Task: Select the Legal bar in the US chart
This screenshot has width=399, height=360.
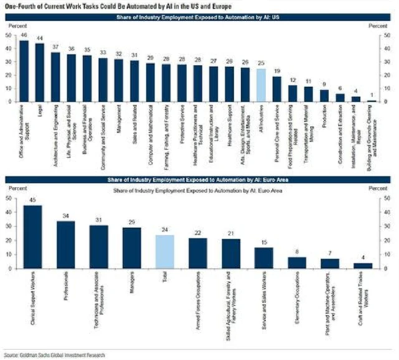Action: (x=39, y=72)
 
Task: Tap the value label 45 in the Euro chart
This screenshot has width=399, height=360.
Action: (x=32, y=201)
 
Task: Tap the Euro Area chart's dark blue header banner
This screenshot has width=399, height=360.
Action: (x=199, y=180)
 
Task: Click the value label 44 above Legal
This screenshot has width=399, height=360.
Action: (x=39, y=38)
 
